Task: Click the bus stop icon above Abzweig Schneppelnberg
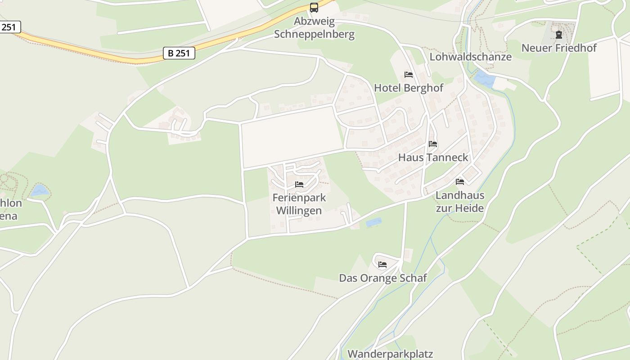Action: tap(314, 8)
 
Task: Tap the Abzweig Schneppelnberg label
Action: tap(314, 28)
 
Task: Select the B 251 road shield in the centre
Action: tap(179, 53)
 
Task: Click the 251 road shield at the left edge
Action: tap(9, 27)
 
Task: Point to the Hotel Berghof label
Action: tap(409, 88)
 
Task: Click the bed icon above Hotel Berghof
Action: tap(409, 75)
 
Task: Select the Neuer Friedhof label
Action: tap(559, 48)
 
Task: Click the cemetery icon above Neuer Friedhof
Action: tap(559, 35)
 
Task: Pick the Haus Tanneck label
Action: tap(433, 157)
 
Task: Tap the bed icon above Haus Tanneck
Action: tap(433, 144)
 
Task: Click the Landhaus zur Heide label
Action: tap(460, 202)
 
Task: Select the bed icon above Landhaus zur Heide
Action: tap(460, 182)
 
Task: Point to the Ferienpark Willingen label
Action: tap(299, 204)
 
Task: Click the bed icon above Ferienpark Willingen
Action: tap(299, 184)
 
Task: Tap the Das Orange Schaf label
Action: tap(382, 278)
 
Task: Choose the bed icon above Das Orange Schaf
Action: tap(382, 265)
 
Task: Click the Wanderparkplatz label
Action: tap(390, 354)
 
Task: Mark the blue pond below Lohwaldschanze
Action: tap(484, 79)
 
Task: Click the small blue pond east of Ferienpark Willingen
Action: tap(373, 222)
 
